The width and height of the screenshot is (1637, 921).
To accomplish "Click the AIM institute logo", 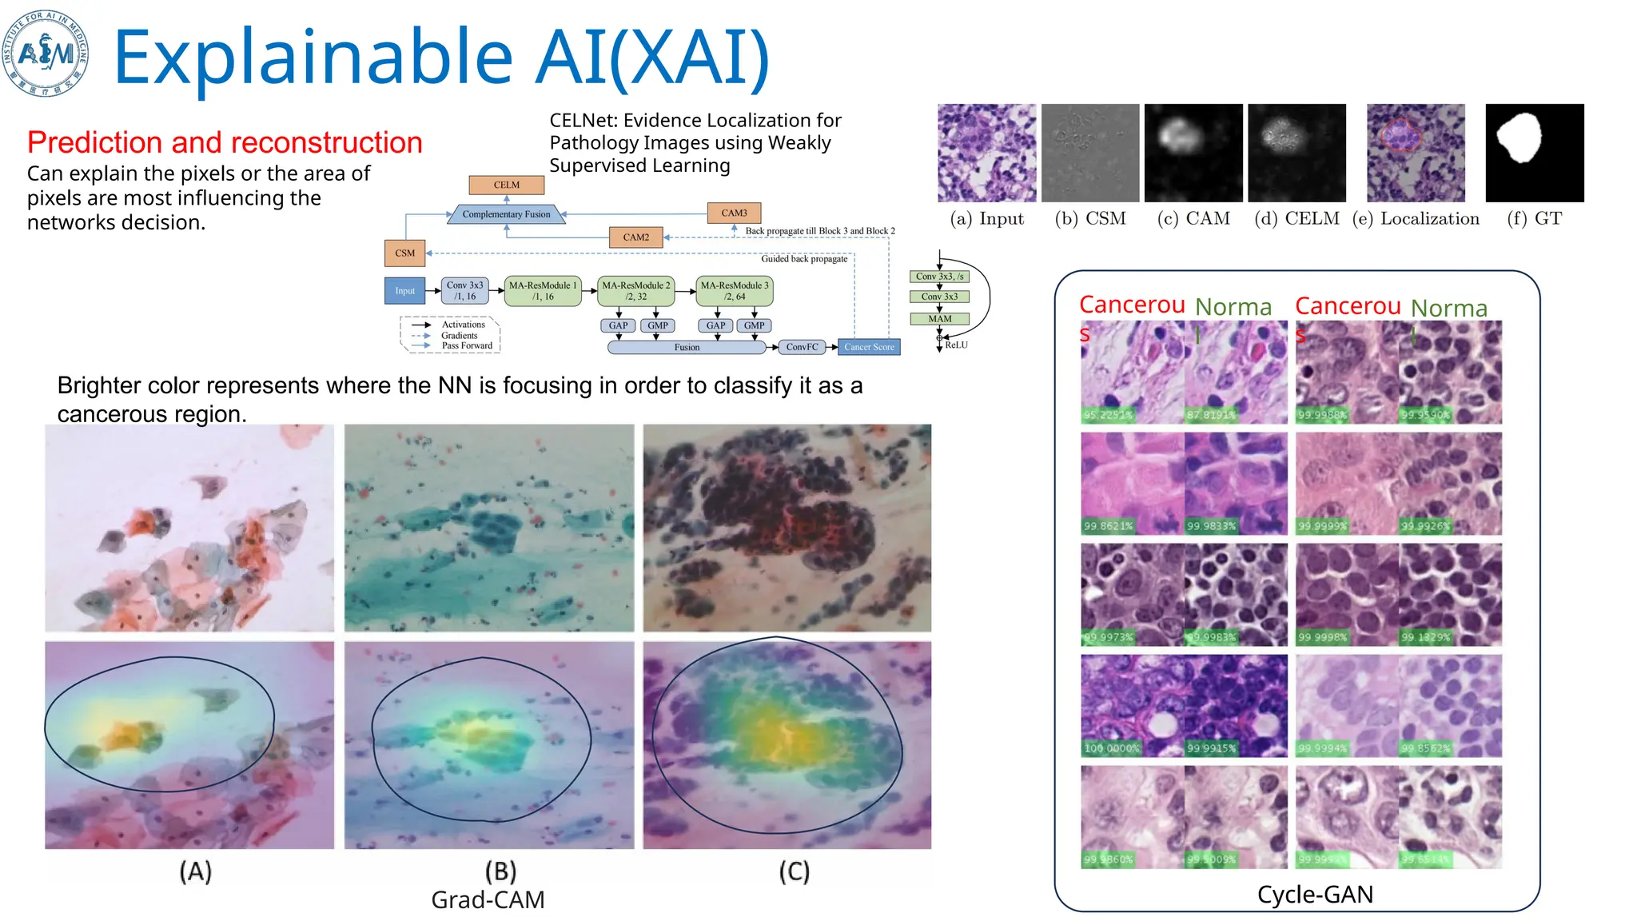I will tap(46, 54).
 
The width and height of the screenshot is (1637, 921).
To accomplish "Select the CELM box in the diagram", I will tap(506, 185).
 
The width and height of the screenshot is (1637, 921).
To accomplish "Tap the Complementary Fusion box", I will tap(506, 214).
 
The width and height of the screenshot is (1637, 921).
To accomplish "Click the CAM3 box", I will tap(734, 213).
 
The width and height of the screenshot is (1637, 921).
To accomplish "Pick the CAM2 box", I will tap(635, 237).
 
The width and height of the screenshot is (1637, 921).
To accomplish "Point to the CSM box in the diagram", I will tap(404, 253).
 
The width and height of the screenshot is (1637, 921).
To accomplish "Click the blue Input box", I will tap(404, 291).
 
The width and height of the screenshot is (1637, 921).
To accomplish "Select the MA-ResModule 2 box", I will tap(635, 291).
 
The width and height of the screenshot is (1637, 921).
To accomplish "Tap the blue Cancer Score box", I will tap(869, 347).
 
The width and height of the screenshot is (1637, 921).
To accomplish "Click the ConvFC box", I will tap(802, 347).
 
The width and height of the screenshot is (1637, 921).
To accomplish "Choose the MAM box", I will tap(939, 319).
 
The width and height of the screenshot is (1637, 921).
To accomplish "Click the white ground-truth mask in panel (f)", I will tap(1520, 138).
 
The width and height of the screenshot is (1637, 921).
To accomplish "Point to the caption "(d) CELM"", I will tap(1296, 219).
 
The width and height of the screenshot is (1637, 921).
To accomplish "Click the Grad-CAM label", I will tap(488, 900).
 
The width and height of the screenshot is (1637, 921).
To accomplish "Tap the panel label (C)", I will tap(794, 871).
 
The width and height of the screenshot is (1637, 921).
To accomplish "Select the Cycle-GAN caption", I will tap(1315, 895).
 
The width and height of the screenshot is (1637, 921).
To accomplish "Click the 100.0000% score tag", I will tap(1111, 748).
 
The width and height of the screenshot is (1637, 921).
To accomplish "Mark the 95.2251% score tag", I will tap(1107, 415).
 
